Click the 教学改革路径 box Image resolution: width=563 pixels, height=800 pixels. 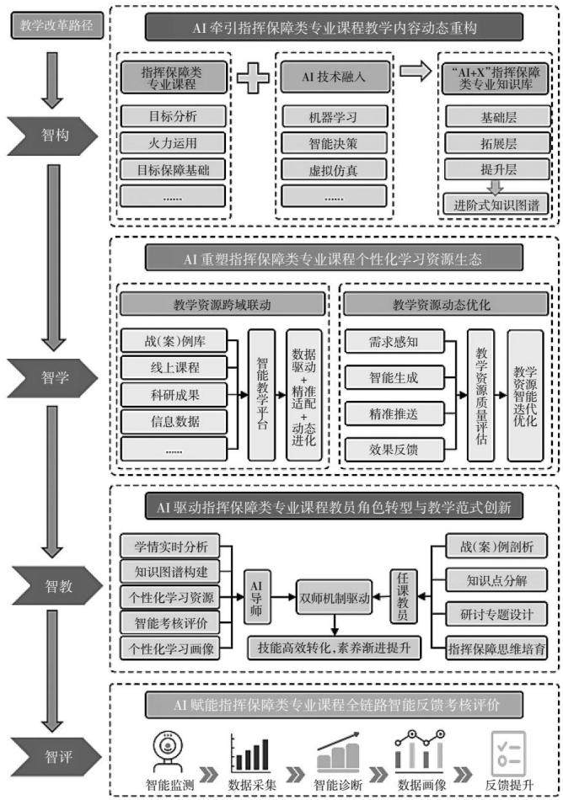[56, 25]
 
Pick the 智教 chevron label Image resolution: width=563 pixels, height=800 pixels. [56, 586]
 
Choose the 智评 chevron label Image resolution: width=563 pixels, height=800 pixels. [56, 756]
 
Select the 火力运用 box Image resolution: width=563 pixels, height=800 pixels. [173, 143]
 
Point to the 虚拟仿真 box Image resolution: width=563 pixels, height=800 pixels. [334, 170]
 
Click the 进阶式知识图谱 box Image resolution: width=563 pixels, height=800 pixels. [496, 205]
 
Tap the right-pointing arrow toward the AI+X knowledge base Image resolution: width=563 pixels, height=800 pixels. [416, 71]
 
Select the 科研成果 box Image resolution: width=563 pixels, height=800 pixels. [174, 395]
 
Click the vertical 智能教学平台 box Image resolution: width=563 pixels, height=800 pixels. [261, 395]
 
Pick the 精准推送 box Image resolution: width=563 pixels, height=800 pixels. [394, 413]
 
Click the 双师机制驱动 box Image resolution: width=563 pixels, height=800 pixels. [335, 597]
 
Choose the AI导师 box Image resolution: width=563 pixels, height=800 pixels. [256, 596]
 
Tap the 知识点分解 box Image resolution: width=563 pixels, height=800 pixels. [496, 580]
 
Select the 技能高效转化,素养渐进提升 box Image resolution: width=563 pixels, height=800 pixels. [335, 648]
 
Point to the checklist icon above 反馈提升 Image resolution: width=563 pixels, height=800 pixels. [508, 753]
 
